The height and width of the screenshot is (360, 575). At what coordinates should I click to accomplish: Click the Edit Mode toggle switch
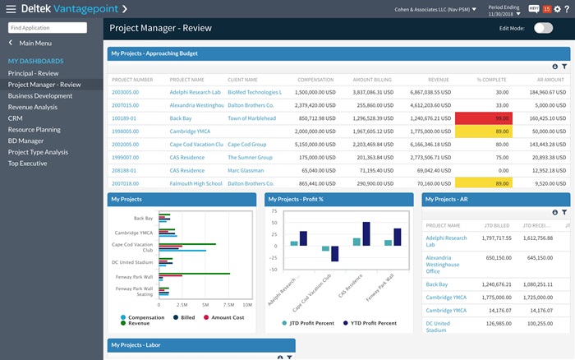coord(543,28)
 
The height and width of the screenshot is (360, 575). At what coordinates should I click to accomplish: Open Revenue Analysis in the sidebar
coord(33,107)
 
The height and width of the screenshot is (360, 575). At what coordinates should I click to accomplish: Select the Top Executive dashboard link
coord(29,164)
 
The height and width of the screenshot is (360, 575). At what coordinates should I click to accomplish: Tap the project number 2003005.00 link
coord(131,92)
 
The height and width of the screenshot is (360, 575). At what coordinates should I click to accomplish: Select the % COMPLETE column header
coord(493,80)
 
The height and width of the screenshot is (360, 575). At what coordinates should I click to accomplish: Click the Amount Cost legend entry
coord(228,316)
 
